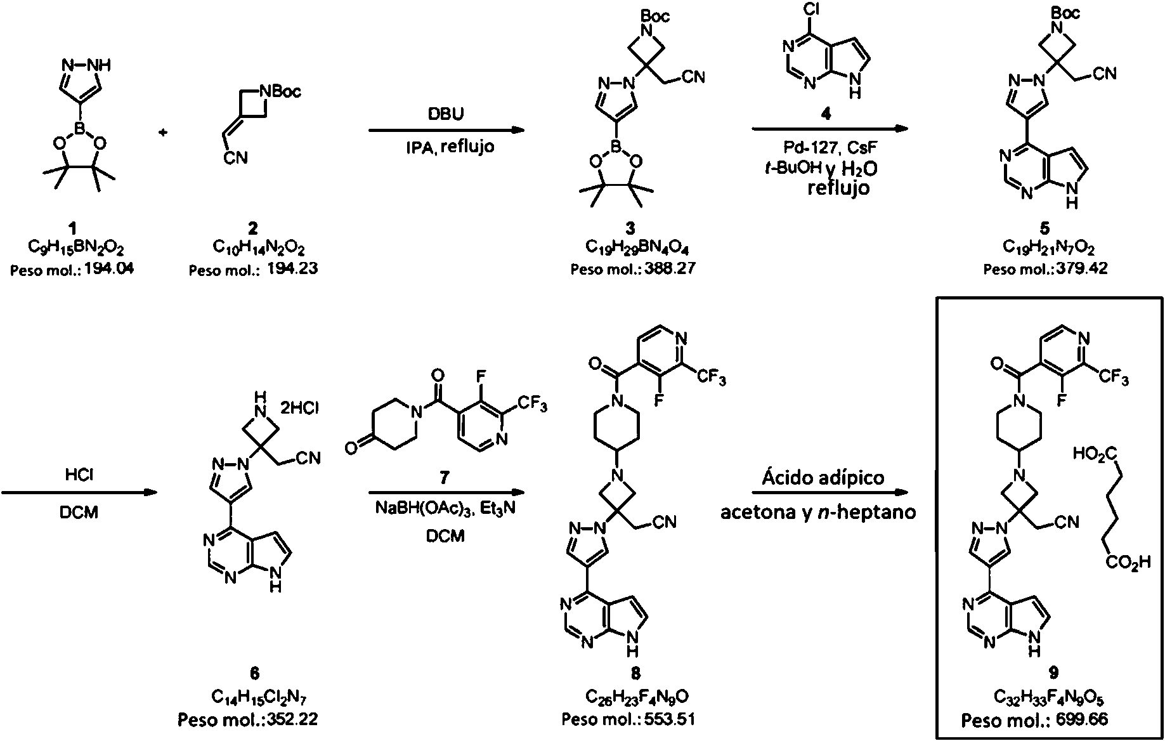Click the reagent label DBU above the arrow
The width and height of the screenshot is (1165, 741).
pos(446,114)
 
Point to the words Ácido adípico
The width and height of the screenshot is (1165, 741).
pos(823,477)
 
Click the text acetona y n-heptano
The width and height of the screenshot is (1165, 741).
pos(818,512)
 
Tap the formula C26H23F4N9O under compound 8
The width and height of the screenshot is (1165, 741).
pos(637,698)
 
